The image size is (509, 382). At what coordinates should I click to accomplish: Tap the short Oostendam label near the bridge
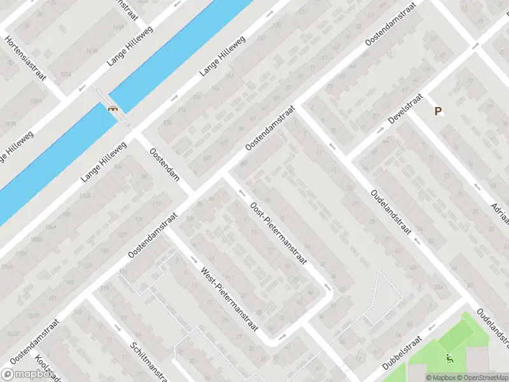164,164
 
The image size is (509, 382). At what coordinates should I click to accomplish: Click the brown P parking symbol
438,111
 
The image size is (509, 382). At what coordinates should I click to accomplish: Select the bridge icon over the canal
113,109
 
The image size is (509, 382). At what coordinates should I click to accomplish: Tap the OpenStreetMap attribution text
482,378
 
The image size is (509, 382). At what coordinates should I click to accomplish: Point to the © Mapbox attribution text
440,378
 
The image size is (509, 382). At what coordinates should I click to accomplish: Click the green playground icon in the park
450,358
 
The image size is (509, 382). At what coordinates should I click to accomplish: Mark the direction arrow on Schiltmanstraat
118,328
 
